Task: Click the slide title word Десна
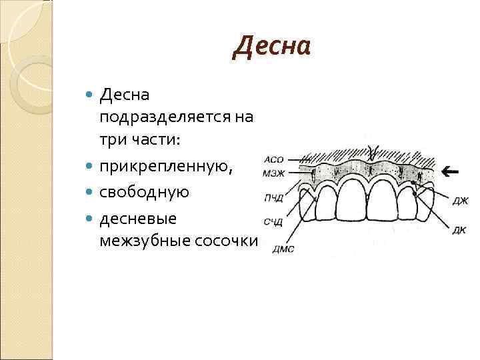tap(272, 47)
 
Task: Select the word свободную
tap(145, 192)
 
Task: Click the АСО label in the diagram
tap(275, 160)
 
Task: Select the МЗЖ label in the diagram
tap(274, 174)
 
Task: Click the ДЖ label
tap(461, 200)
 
